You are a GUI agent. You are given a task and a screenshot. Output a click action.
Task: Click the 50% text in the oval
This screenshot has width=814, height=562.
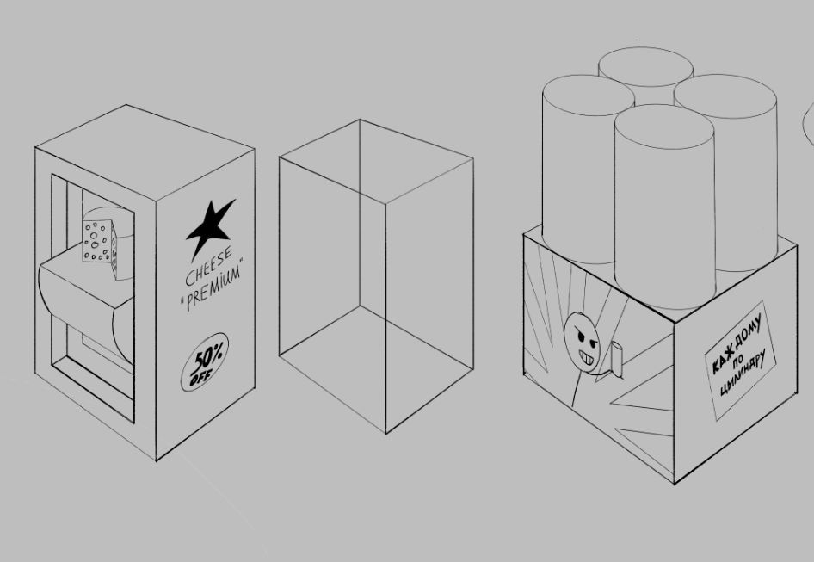[207, 355]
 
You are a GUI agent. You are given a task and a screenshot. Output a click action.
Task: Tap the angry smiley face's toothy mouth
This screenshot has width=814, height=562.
[589, 358]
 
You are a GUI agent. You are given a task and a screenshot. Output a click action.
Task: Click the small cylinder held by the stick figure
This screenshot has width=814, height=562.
[617, 358]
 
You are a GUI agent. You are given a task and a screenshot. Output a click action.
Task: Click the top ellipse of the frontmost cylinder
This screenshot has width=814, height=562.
[664, 127]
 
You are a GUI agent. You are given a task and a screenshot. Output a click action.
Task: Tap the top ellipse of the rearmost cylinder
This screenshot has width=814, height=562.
[645, 66]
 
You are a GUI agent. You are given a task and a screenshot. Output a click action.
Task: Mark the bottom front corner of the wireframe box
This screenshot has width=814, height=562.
[385, 433]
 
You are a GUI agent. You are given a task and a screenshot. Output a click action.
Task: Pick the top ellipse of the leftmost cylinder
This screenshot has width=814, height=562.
[589, 95]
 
